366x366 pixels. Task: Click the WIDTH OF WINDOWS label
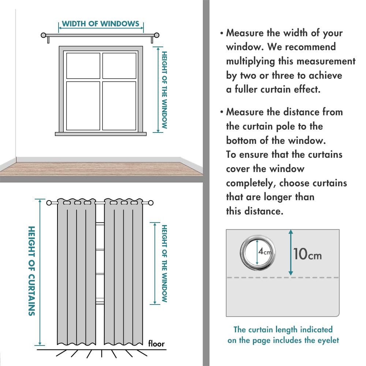pyautogui.click(x=101, y=24)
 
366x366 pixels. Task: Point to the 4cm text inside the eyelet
pyautogui.click(x=265, y=252)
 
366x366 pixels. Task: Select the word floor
pyautogui.click(x=156, y=344)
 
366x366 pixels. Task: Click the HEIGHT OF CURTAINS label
pyautogui.click(x=32, y=271)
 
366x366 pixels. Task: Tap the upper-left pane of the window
pyautogui.click(x=83, y=66)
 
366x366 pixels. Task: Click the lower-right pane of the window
pyautogui.click(x=119, y=105)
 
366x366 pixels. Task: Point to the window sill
pyautogui.click(x=101, y=134)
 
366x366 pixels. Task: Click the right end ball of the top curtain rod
pyautogui.click(x=157, y=35)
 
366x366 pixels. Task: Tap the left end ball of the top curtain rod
pyautogui.click(x=44, y=35)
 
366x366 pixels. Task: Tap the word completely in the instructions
pyautogui.click(x=251, y=183)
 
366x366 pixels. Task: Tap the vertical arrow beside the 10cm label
pyautogui.click(x=291, y=253)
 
